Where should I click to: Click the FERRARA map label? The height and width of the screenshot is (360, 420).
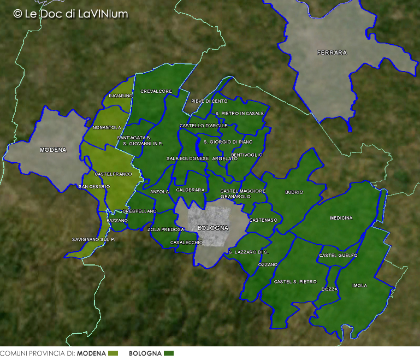point(332,53)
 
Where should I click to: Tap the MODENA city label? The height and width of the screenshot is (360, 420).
point(53,150)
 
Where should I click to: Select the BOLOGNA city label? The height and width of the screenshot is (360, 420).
point(213,228)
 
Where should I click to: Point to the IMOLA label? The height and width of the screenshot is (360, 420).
point(360,286)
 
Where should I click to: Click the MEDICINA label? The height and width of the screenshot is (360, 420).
point(341,218)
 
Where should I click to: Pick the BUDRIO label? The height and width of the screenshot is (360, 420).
point(294,192)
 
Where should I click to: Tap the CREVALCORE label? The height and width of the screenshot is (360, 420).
point(156,91)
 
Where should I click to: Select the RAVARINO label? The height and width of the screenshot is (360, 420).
point(120,96)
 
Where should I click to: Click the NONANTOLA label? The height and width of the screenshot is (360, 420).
point(107,127)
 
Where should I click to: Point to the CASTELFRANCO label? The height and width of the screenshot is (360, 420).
point(113,174)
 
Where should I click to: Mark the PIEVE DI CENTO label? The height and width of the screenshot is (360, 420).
point(209,102)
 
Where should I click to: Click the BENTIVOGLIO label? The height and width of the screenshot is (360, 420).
point(247,155)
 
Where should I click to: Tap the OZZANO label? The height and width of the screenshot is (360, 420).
point(268,264)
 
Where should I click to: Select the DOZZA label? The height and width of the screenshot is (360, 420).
point(329,289)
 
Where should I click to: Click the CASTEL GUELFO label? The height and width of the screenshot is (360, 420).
point(338,256)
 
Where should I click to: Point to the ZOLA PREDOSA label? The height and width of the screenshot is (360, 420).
point(166,229)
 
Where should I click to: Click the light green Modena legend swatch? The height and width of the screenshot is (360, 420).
point(113,353)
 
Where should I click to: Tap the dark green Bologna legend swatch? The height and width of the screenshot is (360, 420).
point(169,353)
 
